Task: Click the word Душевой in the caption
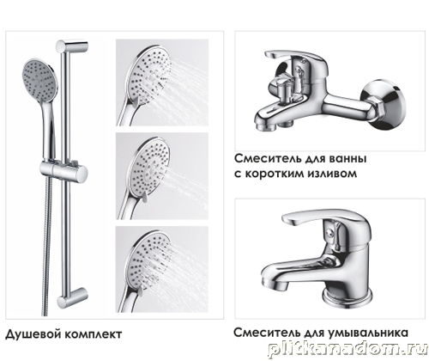[x=33, y=334]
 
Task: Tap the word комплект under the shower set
[x=94, y=334]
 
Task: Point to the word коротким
[x=274, y=174]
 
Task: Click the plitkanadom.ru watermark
[x=347, y=351]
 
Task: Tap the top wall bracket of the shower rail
[x=72, y=46]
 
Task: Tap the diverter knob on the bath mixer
[x=283, y=89]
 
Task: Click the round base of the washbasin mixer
[x=347, y=297]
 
